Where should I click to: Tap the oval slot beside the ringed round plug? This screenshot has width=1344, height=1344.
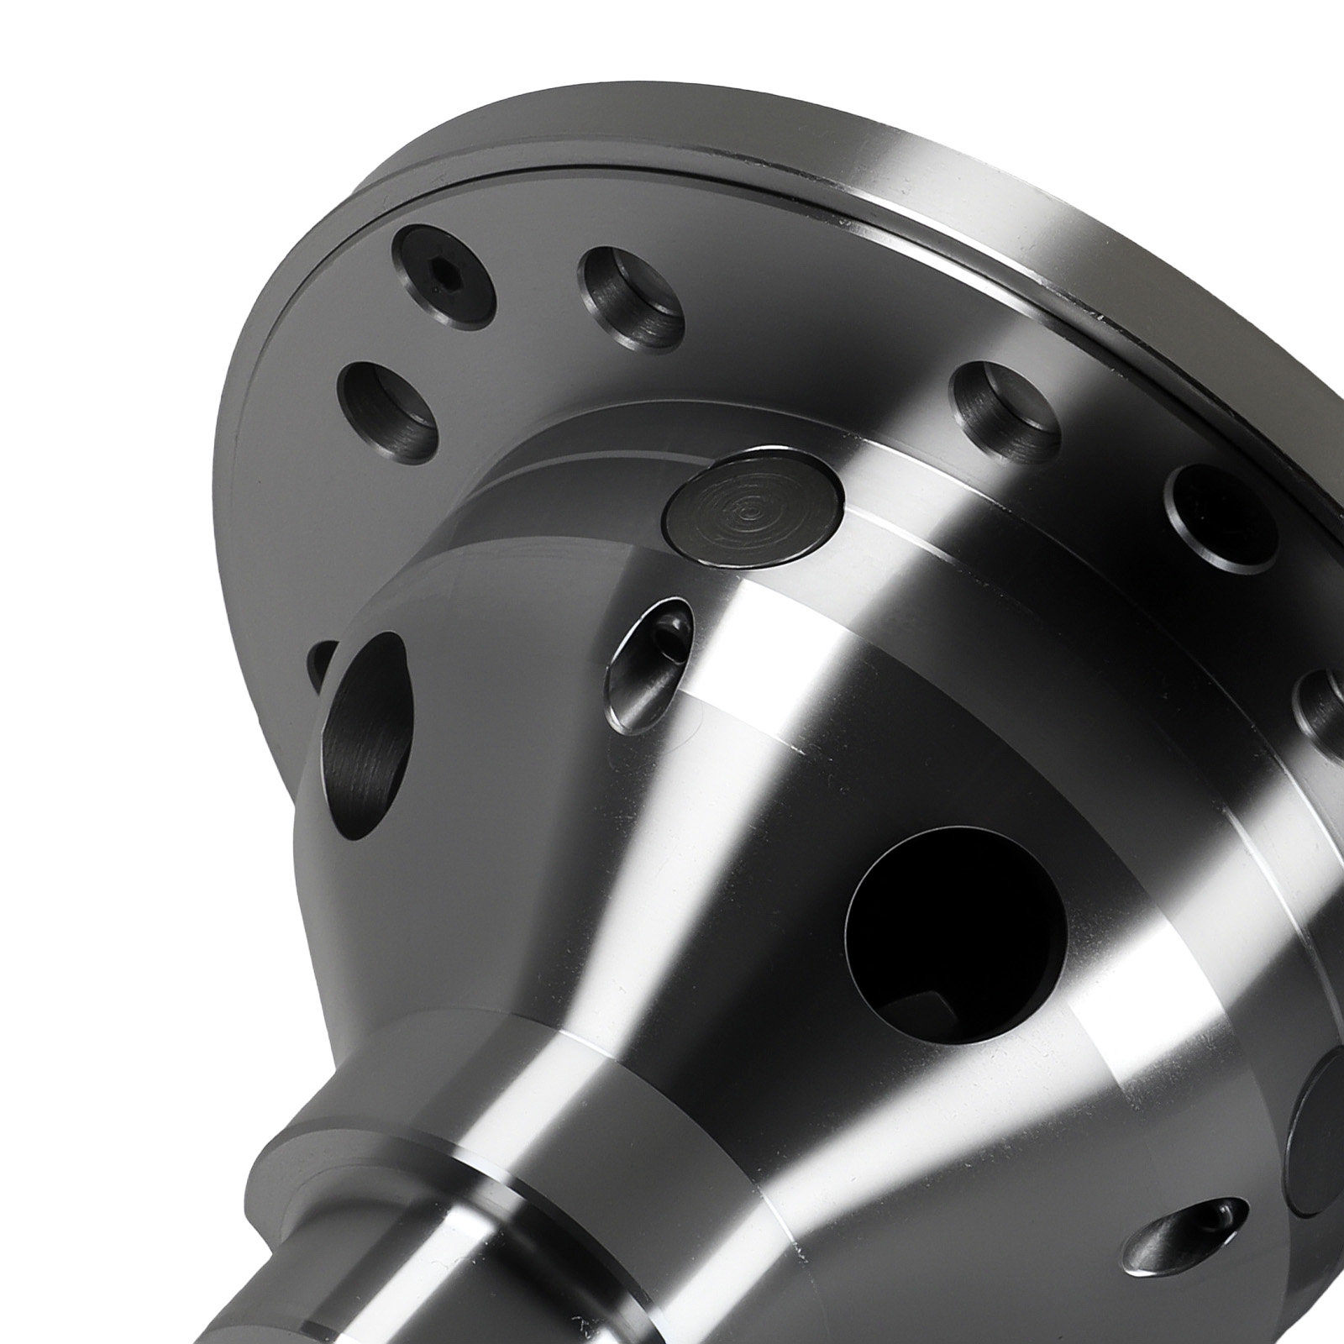[x=650, y=664]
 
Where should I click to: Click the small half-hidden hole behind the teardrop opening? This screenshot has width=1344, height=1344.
[x=321, y=668]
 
